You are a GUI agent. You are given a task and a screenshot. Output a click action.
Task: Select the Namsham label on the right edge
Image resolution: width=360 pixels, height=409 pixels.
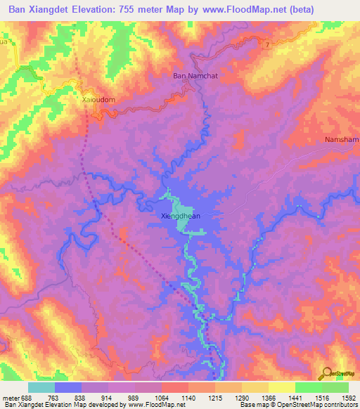(342, 140)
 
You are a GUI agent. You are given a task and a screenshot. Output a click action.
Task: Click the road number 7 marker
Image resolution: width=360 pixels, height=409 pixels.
(268, 46)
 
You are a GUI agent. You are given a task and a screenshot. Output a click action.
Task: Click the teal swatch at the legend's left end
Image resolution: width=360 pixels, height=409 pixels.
(41, 387)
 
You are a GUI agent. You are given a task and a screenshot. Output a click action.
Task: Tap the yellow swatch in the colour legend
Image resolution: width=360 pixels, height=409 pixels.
(281, 387)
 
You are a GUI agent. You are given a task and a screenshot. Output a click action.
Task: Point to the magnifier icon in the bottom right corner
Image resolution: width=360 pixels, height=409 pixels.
(326, 372)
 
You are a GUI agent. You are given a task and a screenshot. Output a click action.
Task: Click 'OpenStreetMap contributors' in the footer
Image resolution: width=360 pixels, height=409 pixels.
(321, 405)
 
